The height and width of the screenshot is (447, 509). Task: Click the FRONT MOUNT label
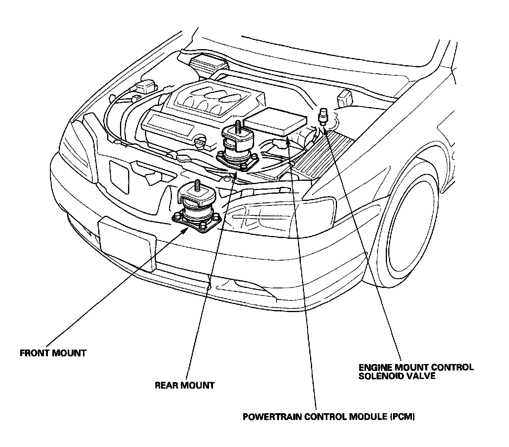coord(53,353)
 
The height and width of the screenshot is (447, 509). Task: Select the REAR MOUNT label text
coord(185,385)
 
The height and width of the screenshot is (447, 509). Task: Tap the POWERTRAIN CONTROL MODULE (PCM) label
coord(329,416)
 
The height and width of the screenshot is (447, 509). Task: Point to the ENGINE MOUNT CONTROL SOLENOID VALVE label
coord(416,371)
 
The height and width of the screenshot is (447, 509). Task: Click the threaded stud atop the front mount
coord(198,186)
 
